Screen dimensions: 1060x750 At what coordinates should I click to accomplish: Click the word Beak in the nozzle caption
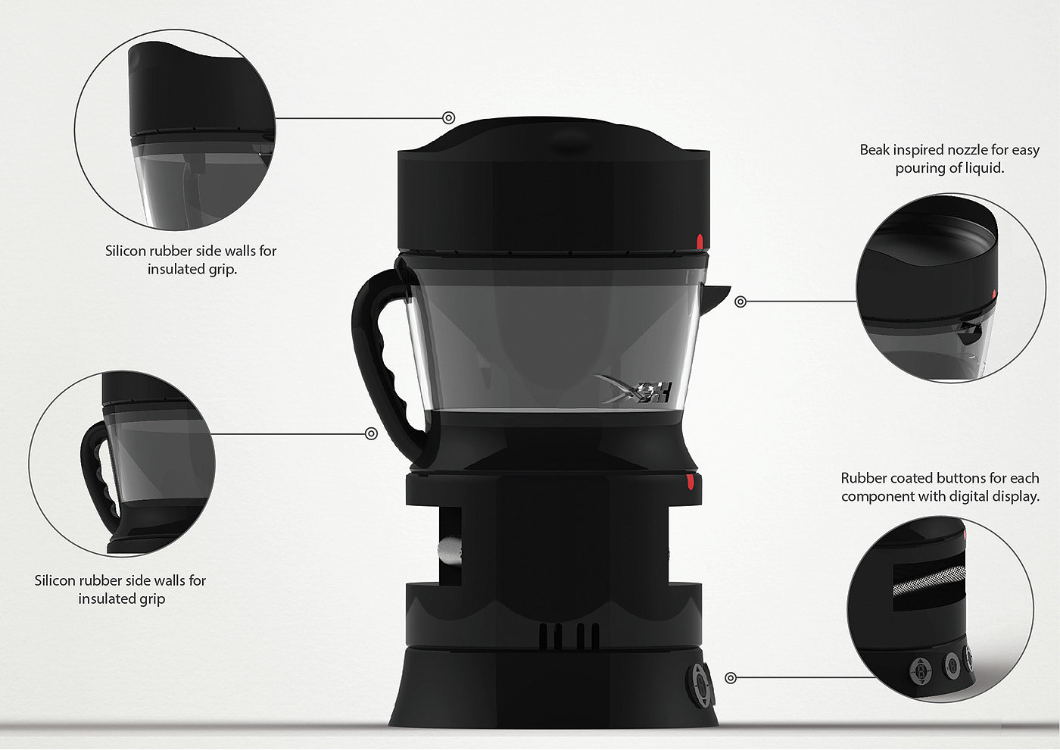click(x=874, y=150)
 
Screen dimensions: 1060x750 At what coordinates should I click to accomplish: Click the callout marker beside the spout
click(x=740, y=302)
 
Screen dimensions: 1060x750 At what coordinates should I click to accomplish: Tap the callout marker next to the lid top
click(x=448, y=117)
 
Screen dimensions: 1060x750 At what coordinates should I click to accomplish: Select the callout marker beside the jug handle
click(x=372, y=433)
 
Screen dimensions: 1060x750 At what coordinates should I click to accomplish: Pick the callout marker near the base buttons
click(x=731, y=678)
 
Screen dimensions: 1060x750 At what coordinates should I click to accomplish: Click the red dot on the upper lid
click(x=700, y=241)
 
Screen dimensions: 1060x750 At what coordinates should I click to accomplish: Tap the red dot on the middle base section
click(x=691, y=482)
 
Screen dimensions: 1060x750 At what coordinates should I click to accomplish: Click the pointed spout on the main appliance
click(x=716, y=296)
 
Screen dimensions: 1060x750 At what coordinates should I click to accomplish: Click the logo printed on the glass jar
click(x=634, y=389)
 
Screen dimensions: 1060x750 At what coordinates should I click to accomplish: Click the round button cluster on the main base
click(x=699, y=685)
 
